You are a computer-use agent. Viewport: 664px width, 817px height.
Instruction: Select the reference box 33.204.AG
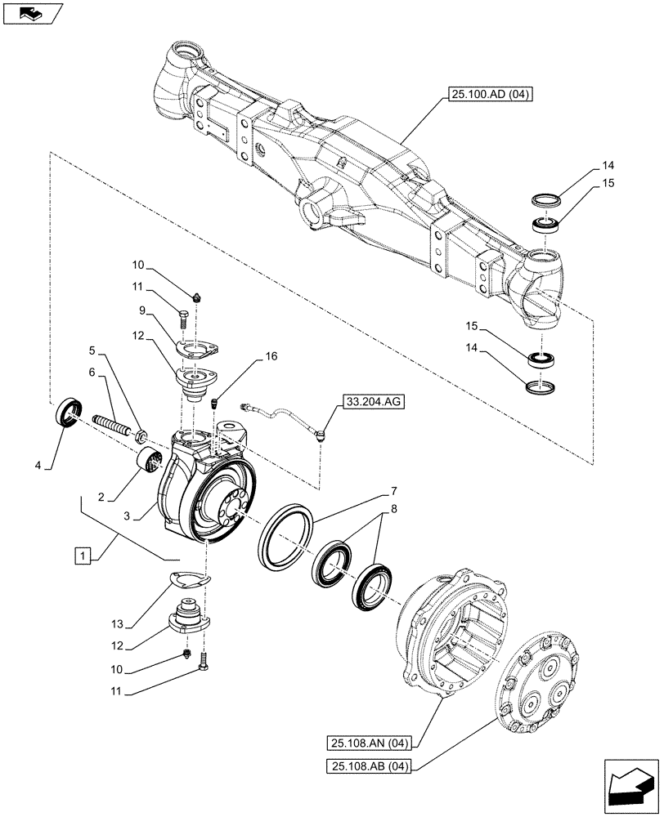(x=372, y=402)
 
